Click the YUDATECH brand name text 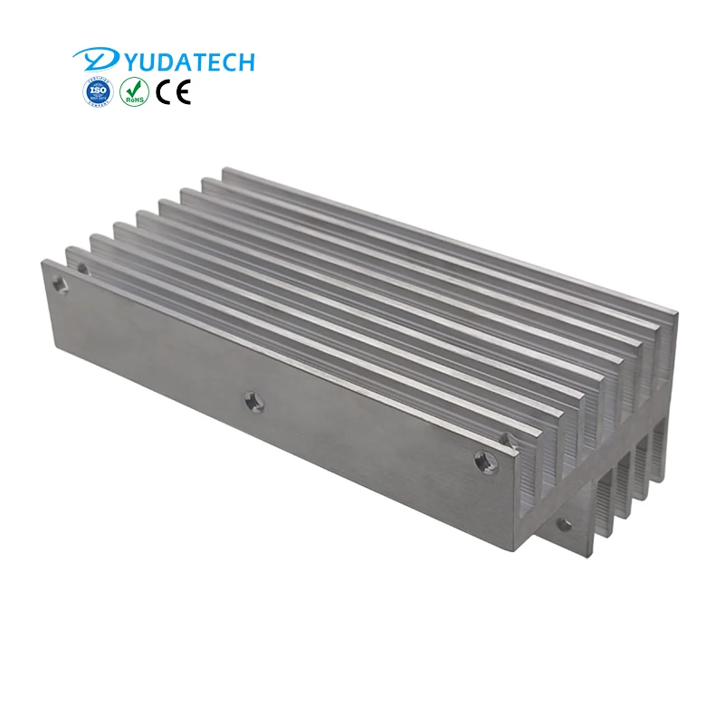coord(181,62)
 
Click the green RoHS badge coord(134,91)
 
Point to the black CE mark coord(173,91)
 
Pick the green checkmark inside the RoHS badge coord(134,89)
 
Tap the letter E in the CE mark coord(183,91)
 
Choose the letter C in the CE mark coord(164,91)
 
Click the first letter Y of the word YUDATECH coord(119,62)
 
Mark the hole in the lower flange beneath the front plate coord(565,523)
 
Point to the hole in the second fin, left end coord(83,269)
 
